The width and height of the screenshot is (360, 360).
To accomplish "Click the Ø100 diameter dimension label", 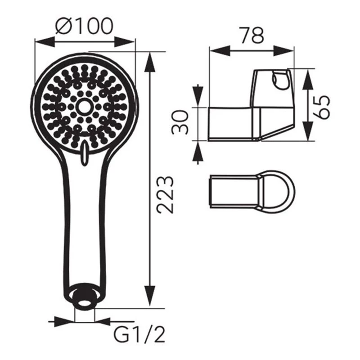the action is click(x=84, y=26).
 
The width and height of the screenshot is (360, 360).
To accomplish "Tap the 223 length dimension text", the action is click(x=164, y=195).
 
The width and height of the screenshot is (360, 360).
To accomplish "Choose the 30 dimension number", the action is click(x=180, y=122).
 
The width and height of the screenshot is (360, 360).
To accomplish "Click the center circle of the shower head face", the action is click(x=84, y=107).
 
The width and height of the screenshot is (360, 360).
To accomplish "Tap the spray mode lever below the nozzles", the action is click(x=85, y=153).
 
